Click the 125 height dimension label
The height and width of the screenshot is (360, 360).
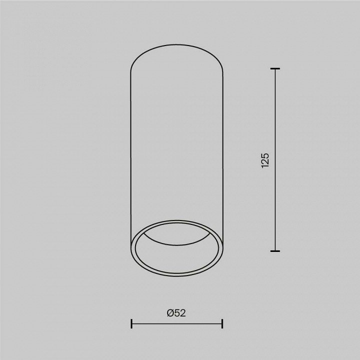click(x=265, y=160)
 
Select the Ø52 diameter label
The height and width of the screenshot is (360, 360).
click(x=176, y=313)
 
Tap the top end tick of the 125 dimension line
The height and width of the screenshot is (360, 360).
click(x=275, y=68)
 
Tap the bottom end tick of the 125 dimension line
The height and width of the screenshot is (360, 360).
click(x=275, y=251)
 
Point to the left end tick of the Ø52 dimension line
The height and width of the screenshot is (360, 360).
click(x=131, y=323)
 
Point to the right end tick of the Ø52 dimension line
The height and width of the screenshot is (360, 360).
click(x=222, y=323)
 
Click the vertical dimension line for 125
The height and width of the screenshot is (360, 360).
click(x=275, y=160)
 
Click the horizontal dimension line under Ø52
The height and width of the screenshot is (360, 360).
click(x=177, y=323)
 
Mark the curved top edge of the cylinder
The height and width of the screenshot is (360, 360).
click(x=176, y=44)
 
